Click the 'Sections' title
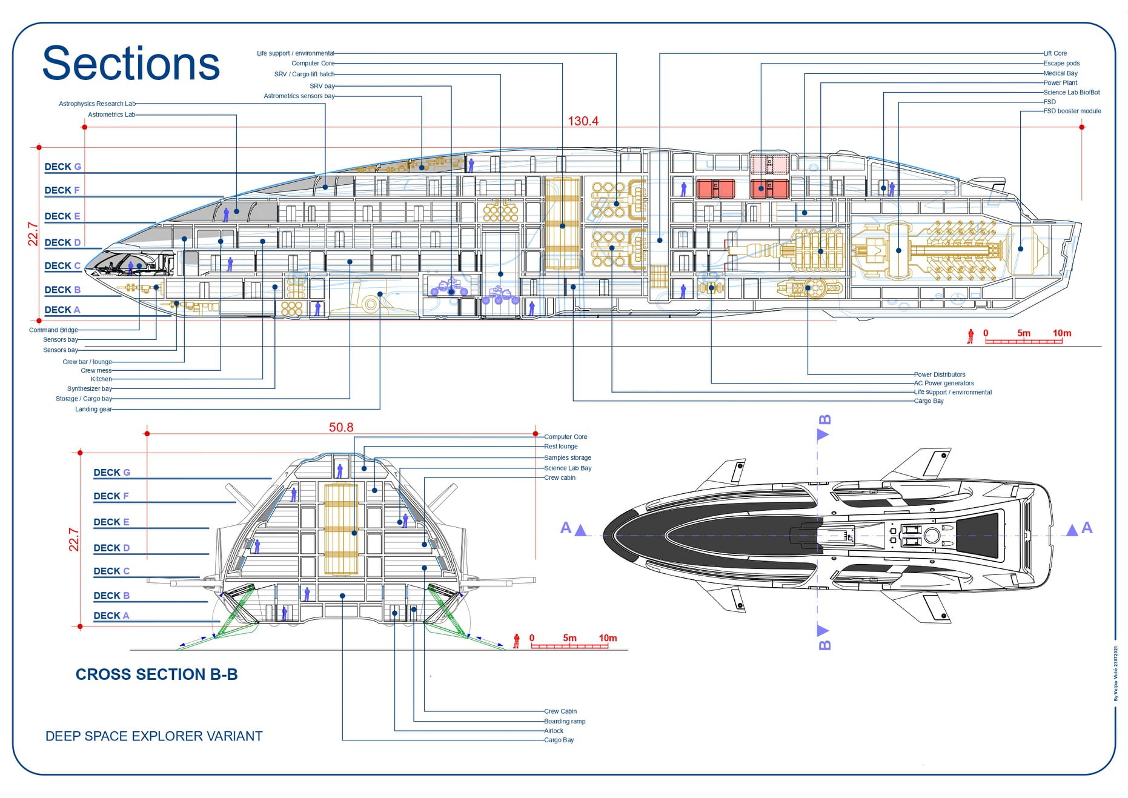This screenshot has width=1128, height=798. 131,63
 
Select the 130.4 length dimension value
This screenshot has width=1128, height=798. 583,121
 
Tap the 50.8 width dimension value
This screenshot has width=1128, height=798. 341,427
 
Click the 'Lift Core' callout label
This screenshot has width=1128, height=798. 1055,53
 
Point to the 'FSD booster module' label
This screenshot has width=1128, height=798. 1072,111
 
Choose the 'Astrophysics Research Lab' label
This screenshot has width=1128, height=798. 97,104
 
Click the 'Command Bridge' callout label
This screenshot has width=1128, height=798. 53,330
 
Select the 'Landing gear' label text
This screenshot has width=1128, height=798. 93,409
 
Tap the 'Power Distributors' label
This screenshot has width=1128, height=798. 940,374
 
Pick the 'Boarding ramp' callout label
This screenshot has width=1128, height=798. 565,721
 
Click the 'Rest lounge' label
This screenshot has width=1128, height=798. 560,447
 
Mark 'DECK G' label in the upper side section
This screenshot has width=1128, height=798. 62,167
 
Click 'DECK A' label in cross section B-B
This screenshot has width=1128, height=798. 111,616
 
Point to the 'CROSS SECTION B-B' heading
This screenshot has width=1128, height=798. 156,674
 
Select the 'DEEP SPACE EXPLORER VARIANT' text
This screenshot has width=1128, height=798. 154,736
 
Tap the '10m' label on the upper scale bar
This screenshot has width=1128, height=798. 1061,333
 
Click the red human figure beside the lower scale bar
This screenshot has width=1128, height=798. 516,641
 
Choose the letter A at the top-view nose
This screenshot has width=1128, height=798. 566,528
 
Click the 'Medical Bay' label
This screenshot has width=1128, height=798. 1060,73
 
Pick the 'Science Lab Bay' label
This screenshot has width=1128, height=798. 568,468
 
